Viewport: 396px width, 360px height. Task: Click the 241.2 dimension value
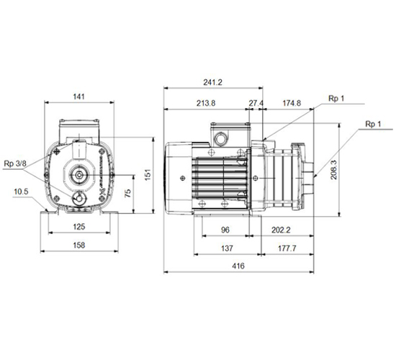(x=212, y=82)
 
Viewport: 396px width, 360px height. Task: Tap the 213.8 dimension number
(x=206, y=103)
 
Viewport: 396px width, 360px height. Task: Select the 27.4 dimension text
(x=256, y=103)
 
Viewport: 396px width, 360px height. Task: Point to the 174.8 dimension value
(x=292, y=103)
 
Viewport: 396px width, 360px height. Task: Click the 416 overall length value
(x=238, y=266)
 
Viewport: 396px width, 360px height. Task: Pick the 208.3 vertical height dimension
(x=334, y=170)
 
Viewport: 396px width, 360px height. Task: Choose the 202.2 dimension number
(x=281, y=230)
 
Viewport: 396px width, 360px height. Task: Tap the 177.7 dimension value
(x=287, y=248)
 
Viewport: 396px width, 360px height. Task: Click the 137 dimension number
(x=227, y=248)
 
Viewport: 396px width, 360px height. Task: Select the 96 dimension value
(x=225, y=230)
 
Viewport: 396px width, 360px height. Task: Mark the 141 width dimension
(x=78, y=96)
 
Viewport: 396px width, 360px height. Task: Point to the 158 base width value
(x=79, y=245)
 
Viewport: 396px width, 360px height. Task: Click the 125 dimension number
(x=79, y=227)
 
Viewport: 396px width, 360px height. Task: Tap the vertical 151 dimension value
(x=148, y=174)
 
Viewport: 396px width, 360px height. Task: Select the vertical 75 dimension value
(x=128, y=193)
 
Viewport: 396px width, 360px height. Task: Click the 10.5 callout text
(x=21, y=192)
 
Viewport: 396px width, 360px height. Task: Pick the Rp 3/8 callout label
(x=15, y=163)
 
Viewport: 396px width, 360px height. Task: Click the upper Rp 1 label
(x=336, y=98)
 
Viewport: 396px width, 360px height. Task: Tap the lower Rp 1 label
(x=373, y=124)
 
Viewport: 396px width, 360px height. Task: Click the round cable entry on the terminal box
(x=220, y=138)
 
